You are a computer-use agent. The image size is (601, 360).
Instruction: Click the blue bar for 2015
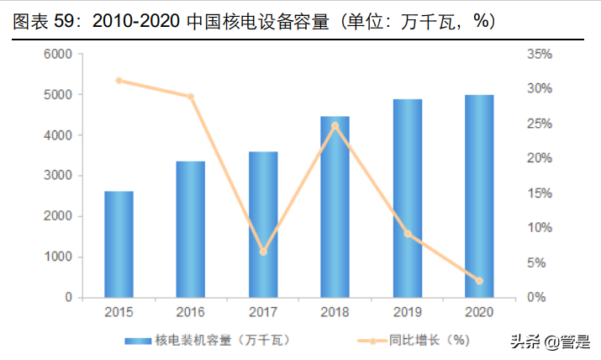pyautogui.click(x=119, y=244)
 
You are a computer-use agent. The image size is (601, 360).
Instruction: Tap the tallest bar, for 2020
pyautogui.click(x=479, y=196)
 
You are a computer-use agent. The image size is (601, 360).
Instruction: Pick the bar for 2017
pyautogui.click(x=263, y=225)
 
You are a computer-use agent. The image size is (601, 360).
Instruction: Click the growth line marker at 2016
pyautogui.click(x=191, y=97)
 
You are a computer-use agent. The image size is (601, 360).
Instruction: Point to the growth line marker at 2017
pyautogui.click(x=263, y=251)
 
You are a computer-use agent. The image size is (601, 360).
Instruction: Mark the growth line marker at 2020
pyautogui.click(x=479, y=280)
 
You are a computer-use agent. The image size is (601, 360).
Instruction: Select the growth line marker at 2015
pyautogui.click(x=119, y=81)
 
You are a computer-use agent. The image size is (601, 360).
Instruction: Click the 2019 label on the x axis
pyautogui.click(x=407, y=313)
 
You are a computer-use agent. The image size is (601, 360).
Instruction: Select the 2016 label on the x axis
pyautogui.click(x=191, y=313)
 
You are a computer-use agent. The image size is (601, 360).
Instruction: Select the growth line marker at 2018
pyautogui.click(x=335, y=125)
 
